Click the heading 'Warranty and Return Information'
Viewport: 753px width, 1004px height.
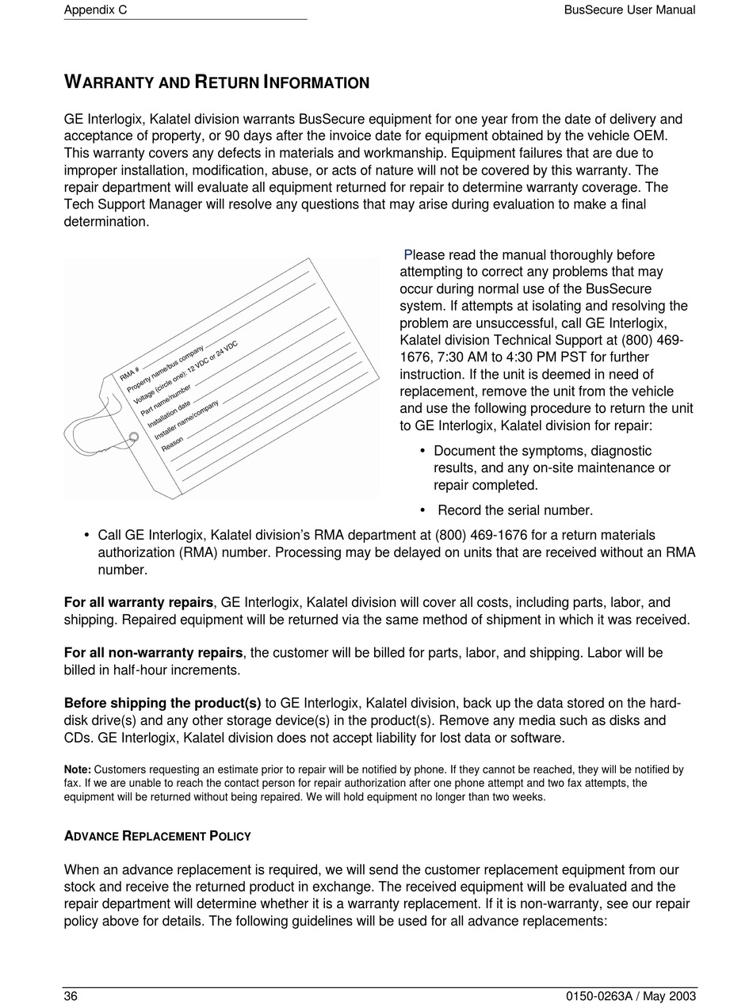pos(216,82)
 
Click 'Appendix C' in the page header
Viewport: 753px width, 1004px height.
pos(95,10)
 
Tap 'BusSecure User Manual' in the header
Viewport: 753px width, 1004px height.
pos(629,10)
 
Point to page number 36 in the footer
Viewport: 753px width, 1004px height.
pos(71,996)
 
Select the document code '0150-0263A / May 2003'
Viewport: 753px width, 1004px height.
pos(630,996)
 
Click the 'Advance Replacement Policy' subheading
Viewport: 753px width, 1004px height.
pos(157,836)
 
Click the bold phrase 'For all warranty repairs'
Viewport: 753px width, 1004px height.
pos(139,603)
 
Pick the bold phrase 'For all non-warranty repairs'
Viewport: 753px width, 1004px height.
pos(153,653)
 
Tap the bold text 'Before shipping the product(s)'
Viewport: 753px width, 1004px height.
pos(162,703)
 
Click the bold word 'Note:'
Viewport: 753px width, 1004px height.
pos(78,769)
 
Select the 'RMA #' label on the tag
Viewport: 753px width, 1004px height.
pos(131,374)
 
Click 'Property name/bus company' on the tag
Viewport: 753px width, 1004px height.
pos(165,365)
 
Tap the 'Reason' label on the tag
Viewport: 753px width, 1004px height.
pos(172,445)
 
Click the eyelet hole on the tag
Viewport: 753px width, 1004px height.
pos(134,437)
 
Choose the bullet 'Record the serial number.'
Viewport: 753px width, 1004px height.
pos(514,510)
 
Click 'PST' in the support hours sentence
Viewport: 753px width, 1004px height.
pos(572,357)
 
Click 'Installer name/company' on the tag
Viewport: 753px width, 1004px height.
pos(186,422)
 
